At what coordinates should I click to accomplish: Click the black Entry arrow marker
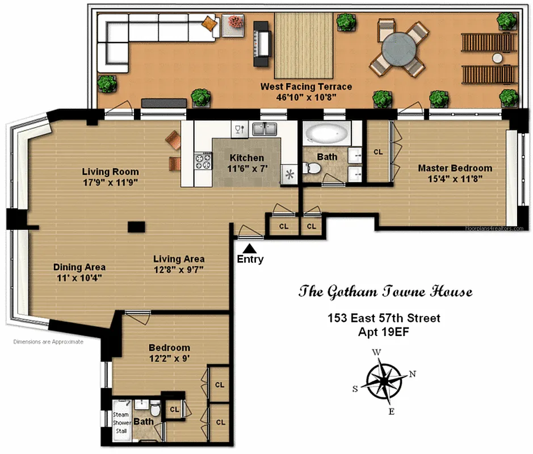[250, 247]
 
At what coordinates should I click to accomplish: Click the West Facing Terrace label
[306, 87]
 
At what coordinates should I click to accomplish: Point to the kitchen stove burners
[203, 162]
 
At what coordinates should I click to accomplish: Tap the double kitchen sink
[265, 129]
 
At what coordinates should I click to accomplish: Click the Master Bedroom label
[455, 168]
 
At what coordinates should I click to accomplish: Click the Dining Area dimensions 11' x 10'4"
[79, 278]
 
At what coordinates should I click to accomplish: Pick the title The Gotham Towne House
[385, 292]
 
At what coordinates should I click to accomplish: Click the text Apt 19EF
[384, 331]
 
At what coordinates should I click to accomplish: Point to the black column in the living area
[136, 227]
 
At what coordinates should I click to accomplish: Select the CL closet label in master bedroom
[377, 152]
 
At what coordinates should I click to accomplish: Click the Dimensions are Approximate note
[48, 342]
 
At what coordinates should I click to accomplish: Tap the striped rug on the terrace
[303, 45]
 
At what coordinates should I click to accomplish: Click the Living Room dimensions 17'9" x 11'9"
[110, 183]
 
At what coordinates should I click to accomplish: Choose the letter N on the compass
[412, 374]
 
